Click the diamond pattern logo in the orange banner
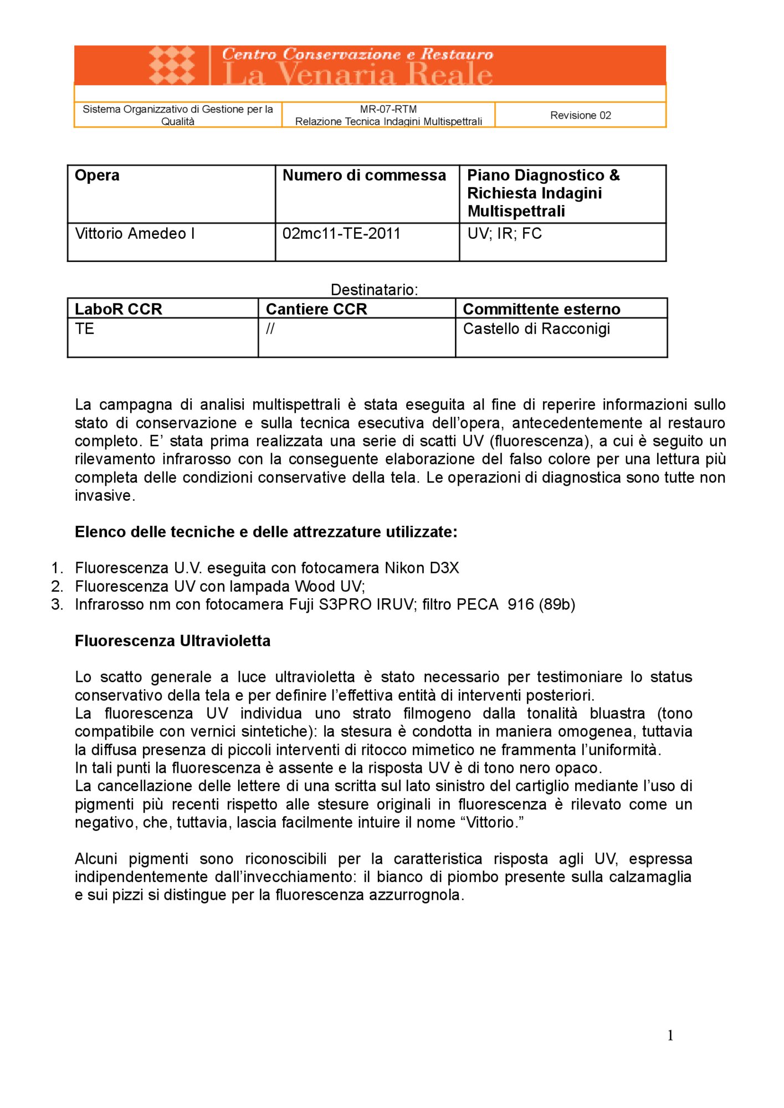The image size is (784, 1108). [172, 65]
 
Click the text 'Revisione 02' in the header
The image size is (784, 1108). [580, 115]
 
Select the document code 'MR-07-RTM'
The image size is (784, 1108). [388, 109]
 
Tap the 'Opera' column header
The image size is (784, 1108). [97, 176]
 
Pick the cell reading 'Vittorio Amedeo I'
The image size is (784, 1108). [135, 234]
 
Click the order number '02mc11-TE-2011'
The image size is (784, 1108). [341, 234]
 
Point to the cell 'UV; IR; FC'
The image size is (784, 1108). [504, 234]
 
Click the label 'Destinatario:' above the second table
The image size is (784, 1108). [374, 290]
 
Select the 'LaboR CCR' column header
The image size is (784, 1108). [118, 309]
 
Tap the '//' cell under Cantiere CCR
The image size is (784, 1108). [270, 329]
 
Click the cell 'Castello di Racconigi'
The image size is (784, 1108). [536, 329]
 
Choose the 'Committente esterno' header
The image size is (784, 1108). [541, 309]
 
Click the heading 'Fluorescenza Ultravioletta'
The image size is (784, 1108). [172, 641]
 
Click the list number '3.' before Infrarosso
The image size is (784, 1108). [57, 604]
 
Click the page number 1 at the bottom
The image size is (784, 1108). [670, 1035]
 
